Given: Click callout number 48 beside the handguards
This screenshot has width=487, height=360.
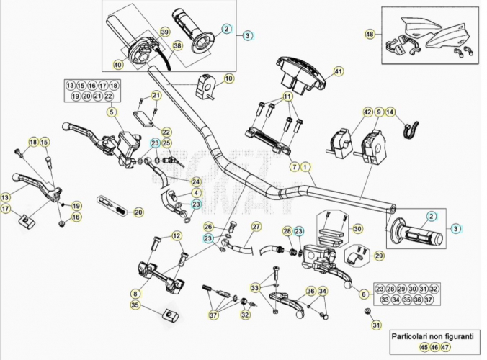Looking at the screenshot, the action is click(370, 34).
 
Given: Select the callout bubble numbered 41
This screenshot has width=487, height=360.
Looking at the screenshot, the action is click(339, 71).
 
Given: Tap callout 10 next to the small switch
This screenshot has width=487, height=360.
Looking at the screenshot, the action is click(228, 78).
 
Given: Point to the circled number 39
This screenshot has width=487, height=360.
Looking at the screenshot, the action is click(165, 32).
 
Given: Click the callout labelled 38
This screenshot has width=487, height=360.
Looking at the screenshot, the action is click(178, 46).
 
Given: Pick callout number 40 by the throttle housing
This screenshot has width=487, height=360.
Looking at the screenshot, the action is click(118, 65).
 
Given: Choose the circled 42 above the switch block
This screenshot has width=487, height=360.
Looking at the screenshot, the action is click(367, 112).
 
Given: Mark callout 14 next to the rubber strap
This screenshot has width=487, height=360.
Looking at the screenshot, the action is click(390, 112).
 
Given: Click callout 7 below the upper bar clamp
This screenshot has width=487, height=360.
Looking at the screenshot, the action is click(295, 167).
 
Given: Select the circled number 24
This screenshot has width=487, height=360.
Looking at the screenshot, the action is click(196, 182).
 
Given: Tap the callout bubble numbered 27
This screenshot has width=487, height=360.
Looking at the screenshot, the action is click(256, 227).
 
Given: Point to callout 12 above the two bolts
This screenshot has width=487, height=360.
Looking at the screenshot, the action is click(177, 236).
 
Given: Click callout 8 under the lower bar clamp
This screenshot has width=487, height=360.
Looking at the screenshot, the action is click(135, 294).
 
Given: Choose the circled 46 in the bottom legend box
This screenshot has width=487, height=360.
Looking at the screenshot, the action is click(434, 347).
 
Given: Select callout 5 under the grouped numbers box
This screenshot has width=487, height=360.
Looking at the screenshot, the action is click(112, 112).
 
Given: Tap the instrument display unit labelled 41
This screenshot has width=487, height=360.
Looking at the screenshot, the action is click(300, 74).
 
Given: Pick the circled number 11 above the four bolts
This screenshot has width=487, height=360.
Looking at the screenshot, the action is click(287, 96).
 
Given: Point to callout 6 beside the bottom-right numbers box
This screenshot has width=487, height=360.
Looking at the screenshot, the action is click(364, 294).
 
